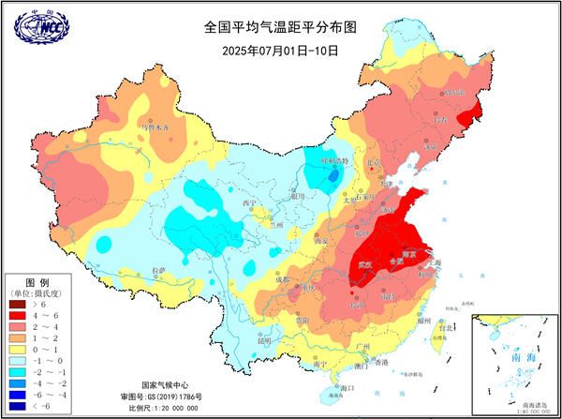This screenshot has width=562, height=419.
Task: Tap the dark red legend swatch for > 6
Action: pyautogui.click(x=17, y=305)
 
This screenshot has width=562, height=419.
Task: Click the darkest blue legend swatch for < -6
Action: pyautogui.click(x=17, y=405)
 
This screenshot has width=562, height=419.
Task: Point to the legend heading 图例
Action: pyautogui.click(x=36, y=281)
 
